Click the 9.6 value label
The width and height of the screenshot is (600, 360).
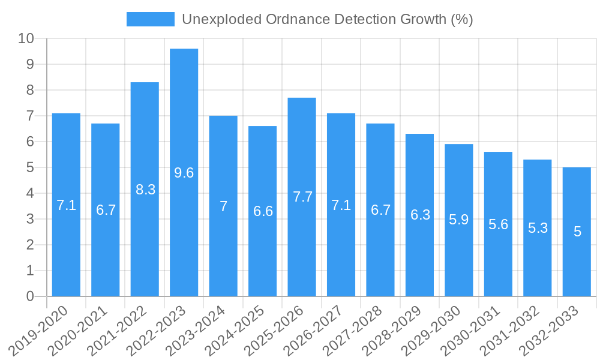pyautogui.click(x=184, y=173)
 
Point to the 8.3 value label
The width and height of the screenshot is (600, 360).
pyautogui.click(x=145, y=190)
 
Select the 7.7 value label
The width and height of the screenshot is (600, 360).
pyautogui.click(x=302, y=197)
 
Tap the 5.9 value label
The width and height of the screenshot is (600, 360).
pyautogui.click(x=459, y=220)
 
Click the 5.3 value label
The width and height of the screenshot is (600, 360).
pyautogui.click(x=538, y=228)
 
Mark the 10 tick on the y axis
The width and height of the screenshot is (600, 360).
pyautogui.click(x=26, y=38)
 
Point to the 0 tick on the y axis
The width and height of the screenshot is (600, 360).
pyautogui.click(x=30, y=296)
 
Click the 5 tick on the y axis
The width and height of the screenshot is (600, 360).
pyautogui.click(x=30, y=167)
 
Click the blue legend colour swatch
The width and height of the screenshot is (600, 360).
pyautogui.click(x=150, y=19)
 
